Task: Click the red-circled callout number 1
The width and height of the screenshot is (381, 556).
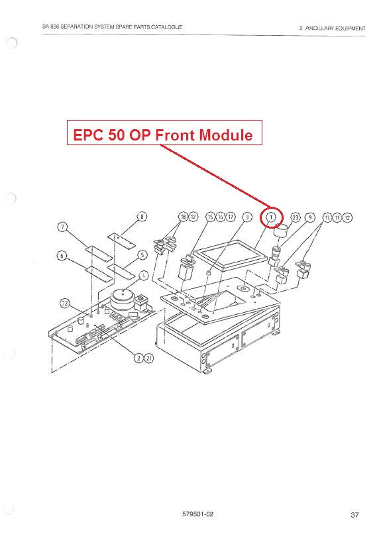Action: click(271, 217)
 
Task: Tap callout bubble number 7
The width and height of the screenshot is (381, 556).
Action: click(62, 227)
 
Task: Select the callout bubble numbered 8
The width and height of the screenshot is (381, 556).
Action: click(142, 216)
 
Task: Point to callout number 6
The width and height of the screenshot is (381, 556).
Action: click(62, 255)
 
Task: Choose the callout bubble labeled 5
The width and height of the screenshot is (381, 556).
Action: click(142, 254)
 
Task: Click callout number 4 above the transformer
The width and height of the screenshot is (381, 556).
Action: click(144, 275)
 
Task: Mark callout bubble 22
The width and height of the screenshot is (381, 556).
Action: click(64, 303)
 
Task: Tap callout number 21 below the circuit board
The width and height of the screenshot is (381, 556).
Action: click(149, 358)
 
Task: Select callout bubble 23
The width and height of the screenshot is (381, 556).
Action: click(296, 217)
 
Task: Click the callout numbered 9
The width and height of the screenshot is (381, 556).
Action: click(309, 217)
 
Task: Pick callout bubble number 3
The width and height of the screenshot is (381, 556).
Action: click(247, 217)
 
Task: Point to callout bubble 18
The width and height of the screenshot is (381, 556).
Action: click(183, 217)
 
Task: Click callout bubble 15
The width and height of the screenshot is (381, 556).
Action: click(211, 217)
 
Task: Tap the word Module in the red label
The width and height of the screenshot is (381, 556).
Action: click(226, 135)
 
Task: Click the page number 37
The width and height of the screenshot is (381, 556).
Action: click(354, 515)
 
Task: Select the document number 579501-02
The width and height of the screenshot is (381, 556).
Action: click(197, 514)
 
